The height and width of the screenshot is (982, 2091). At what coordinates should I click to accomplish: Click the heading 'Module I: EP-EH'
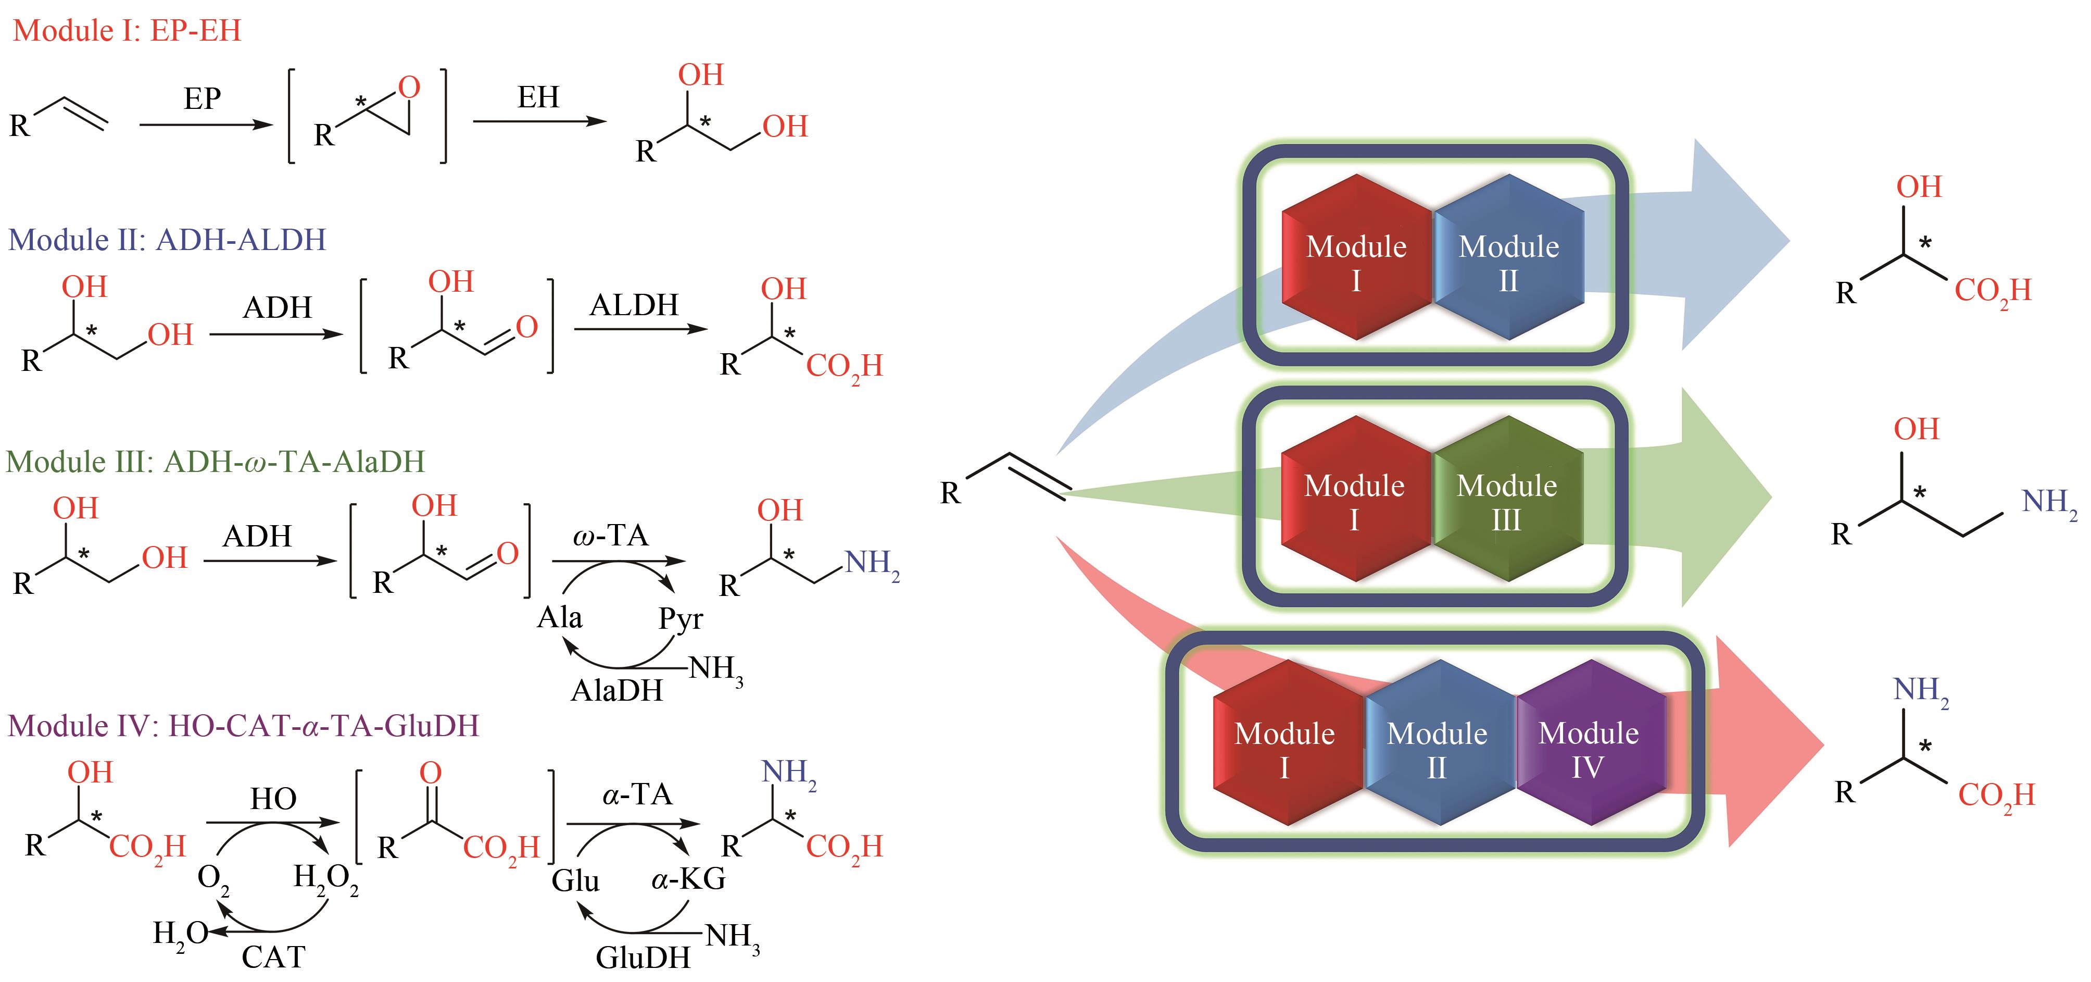128,31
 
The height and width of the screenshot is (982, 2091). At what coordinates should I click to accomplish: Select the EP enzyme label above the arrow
202,99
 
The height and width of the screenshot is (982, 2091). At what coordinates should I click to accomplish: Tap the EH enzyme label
538,97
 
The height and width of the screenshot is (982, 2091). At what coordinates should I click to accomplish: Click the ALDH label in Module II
634,305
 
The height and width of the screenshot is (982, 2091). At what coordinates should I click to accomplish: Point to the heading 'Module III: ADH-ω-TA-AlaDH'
215,462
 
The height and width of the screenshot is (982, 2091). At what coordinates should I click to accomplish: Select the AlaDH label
617,690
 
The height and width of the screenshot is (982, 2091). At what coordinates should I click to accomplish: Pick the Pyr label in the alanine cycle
680,619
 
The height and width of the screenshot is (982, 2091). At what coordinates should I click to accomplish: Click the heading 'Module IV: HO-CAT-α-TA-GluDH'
244,725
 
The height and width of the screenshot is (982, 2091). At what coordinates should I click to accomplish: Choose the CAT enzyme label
273,958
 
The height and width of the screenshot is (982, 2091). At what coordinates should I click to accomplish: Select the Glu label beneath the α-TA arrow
575,880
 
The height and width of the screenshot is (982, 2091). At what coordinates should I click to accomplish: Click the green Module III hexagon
1507,500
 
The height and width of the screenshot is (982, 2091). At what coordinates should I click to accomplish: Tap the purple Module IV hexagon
1589,744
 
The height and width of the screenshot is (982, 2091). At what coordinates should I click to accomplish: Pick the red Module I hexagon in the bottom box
1285,744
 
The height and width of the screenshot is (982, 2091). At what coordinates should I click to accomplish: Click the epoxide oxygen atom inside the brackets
410,87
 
